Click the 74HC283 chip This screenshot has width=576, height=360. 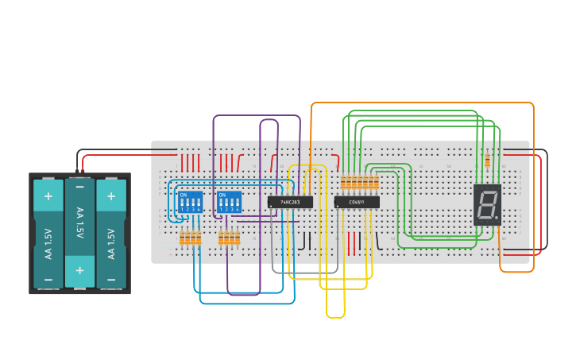click(290, 202)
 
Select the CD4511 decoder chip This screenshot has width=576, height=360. click(357, 202)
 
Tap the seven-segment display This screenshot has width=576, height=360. click(488, 205)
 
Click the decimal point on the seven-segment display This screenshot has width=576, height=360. click(497, 217)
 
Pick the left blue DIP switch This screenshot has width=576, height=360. click(190, 201)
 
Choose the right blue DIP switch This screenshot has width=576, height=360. click(229, 201)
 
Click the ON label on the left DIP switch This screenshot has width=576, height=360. click(184, 195)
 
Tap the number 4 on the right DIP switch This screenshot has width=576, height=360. click(237, 209)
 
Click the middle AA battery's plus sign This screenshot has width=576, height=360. click(79, 270)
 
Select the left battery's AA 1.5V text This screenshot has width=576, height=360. click(48, 242)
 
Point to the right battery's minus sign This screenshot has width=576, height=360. click(111, 279)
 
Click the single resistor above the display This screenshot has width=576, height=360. click(487, 161)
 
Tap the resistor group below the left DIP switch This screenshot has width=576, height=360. click(190, 238)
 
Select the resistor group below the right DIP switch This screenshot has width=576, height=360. click(229, 238)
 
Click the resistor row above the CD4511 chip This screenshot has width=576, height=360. click(359, 184)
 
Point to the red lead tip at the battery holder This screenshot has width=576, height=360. click(83, 169)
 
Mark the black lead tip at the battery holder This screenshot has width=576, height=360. click(77, 169)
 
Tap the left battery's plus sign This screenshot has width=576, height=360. click(48, 195)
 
